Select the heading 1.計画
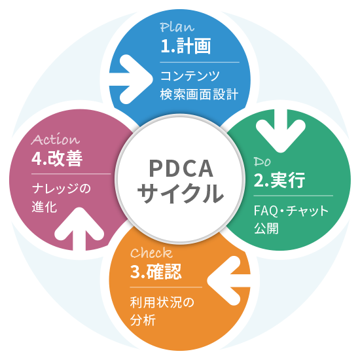pos(185,46)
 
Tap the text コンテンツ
pos(190,76)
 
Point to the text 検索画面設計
pos(199,95)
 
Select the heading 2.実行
pos(279,180)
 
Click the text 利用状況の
pos(163,302)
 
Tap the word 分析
pos(143,321)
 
